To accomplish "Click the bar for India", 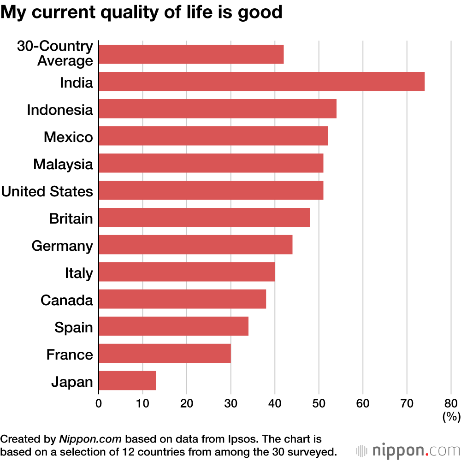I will tap(261, 82).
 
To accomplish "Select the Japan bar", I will tap(127, 380).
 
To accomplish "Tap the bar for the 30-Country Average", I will tap(191, 54).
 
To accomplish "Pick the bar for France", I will tap(165, 353).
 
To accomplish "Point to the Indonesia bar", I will tap(217, 109).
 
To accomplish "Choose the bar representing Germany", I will tap(195, 244).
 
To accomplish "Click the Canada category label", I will tap(67, 300).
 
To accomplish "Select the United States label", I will tap(47, 191).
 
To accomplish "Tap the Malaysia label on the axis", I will tap(63, 164).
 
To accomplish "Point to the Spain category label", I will tap(74, 327).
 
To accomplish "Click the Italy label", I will tap(79, 273).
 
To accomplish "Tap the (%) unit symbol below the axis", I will tap(451, 417).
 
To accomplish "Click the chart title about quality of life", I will tap(142, 12).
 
